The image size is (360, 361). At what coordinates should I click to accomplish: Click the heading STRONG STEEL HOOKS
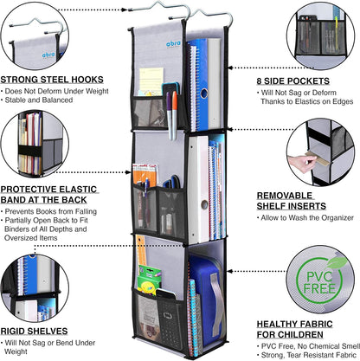[52, 80]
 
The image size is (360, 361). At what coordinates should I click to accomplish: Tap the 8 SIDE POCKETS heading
[293, 81]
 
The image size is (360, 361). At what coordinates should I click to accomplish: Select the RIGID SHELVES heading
[34, 331]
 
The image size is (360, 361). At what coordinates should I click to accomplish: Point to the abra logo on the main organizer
[174, 44]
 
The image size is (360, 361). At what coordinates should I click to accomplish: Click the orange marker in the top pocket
[175, 114]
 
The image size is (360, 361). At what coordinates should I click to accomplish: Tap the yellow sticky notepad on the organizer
[151, 81]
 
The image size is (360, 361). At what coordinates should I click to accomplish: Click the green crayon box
[149, 280]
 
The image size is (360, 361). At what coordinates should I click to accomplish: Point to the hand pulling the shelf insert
[301, 164]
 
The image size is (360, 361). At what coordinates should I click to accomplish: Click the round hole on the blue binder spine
[204, 93]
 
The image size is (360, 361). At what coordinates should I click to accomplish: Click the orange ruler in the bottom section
[141, 250]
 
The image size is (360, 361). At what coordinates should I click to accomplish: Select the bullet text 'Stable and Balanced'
[39, 100]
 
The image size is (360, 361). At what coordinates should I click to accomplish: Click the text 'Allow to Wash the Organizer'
[307, 218]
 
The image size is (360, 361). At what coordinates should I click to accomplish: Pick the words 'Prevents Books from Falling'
[51, 211]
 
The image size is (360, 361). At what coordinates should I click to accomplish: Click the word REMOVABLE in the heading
[285, 196]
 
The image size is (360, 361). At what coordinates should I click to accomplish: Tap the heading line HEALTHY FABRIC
[294, 325]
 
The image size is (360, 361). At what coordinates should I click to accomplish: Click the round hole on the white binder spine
[204, 204]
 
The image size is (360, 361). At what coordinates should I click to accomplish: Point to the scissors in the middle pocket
[172, 182]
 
